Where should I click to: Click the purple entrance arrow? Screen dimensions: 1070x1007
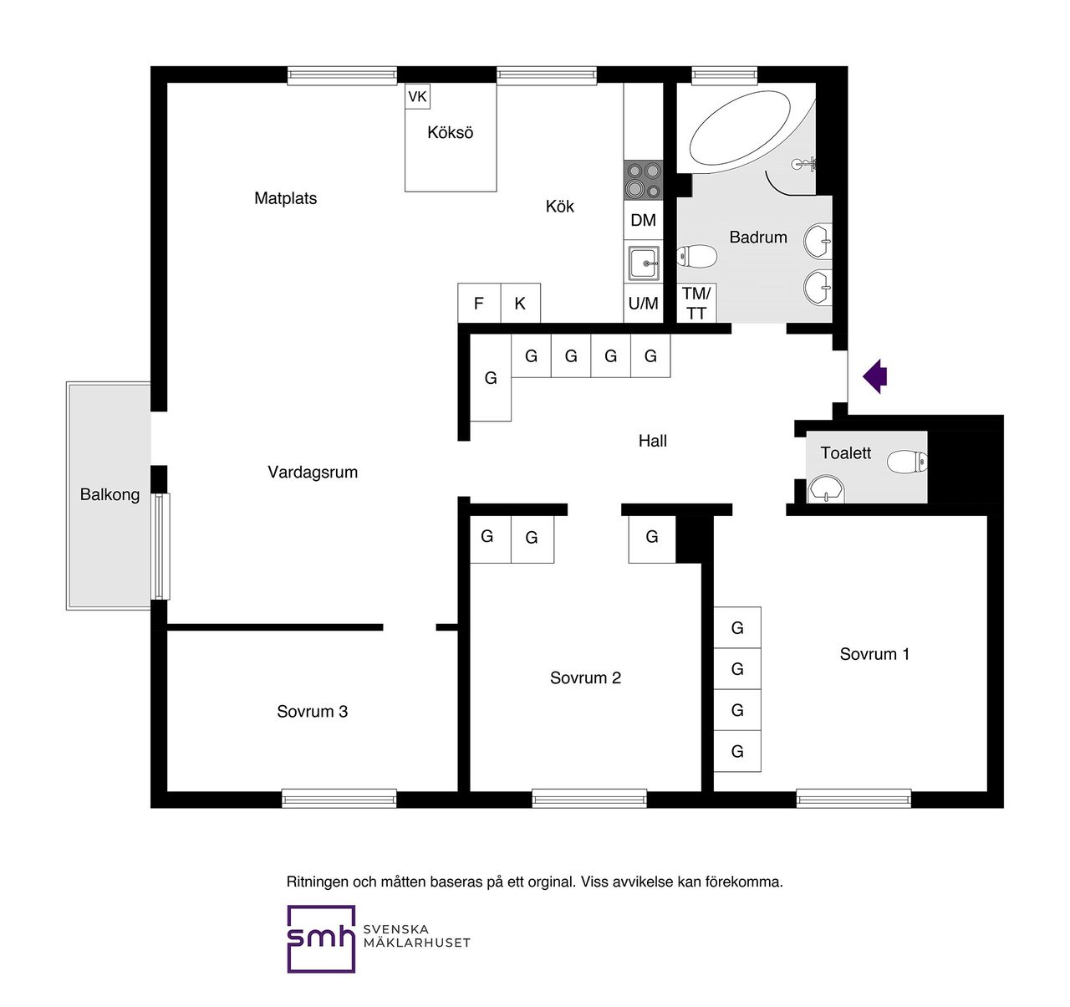tap(875, 376)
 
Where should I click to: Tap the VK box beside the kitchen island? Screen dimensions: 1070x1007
tap(417, 96)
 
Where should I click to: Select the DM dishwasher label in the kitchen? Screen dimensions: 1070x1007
tap(644, 220)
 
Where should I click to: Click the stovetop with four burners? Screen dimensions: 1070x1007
tap(644, 180)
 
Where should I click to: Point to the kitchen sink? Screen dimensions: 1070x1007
tap(644, 263)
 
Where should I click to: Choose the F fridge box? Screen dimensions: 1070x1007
tap(479, 303)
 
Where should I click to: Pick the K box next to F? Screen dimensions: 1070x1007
tap(521, 303)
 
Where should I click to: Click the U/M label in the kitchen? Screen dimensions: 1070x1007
tap(644, 304)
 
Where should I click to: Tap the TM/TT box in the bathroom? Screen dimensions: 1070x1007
tap(696, 303)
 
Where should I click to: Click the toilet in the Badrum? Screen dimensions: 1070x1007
tap(696, 256)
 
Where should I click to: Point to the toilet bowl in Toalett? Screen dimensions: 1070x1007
tap(907, 462)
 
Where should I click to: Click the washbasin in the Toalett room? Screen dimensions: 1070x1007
tap(828, 489)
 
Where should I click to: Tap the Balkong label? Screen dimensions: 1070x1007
tap(110, 494)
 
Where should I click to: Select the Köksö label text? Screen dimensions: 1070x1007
tap(451, 132)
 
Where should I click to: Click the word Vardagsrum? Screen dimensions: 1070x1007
tap(313, 473)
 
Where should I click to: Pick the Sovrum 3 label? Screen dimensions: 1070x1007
tap(313, 712)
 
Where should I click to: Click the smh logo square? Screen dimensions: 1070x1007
tap(321, 938)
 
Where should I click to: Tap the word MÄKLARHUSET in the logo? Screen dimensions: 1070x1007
tap(416, 943)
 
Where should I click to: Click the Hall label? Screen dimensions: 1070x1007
tap(653, 441)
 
